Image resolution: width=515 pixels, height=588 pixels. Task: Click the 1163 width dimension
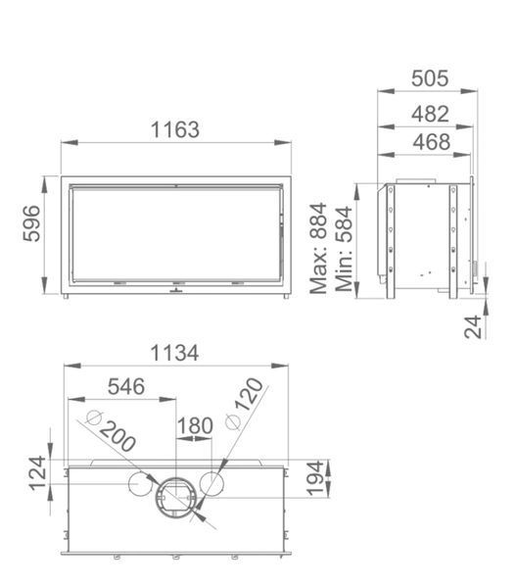(x=175, y=129)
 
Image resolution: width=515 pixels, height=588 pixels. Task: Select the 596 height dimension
(x=31, y=223)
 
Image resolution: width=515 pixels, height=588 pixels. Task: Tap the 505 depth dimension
(x=430, y=78)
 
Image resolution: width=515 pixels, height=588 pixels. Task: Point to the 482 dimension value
(x=430, y=114)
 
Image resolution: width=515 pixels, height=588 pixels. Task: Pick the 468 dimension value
(x=432, y=142)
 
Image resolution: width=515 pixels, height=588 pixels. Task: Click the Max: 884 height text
(x=319, y=248)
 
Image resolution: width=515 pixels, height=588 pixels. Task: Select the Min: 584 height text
(x=344, y=249)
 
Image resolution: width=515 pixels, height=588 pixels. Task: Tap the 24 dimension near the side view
(x=473, y=327)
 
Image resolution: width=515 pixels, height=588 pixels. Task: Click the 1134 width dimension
(x=174, y=353)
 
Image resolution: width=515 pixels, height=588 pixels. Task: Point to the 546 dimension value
(x=126, y=387)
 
